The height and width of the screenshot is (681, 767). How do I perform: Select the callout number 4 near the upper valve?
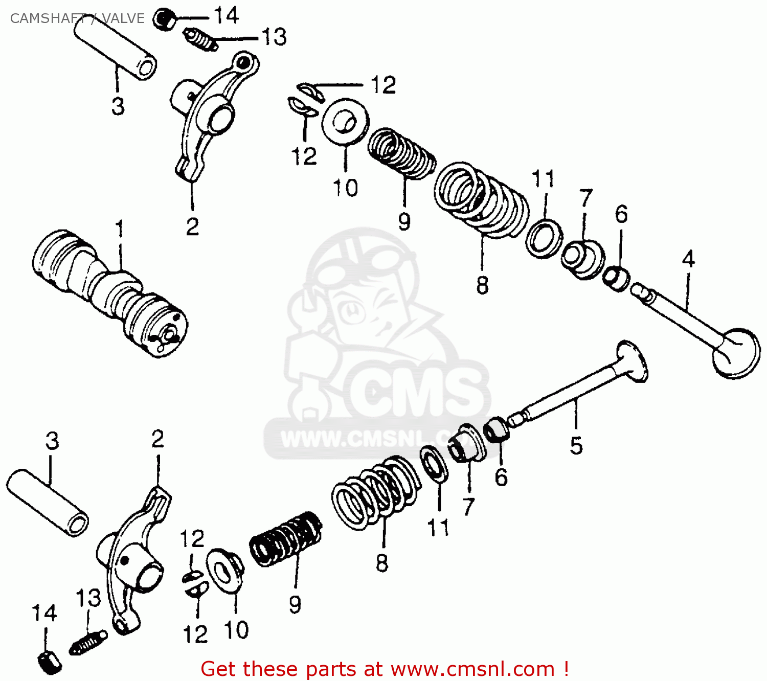(688, 259)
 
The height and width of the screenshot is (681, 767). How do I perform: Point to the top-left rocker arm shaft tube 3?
(115, 49)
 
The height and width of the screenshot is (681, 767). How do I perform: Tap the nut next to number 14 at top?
(164, 19)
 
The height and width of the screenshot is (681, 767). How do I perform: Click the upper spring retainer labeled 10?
(345, 123)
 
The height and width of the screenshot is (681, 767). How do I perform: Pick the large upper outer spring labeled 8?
(481, 199)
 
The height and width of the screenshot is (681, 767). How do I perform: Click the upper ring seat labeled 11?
(544, 238)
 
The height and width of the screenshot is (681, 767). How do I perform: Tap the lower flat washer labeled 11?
(434, 463)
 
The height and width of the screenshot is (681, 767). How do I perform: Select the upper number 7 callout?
(586, 198)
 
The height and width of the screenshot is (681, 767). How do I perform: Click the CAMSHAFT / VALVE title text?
(77, 18)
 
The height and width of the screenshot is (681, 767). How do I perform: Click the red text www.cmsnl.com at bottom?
(473, 669)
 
